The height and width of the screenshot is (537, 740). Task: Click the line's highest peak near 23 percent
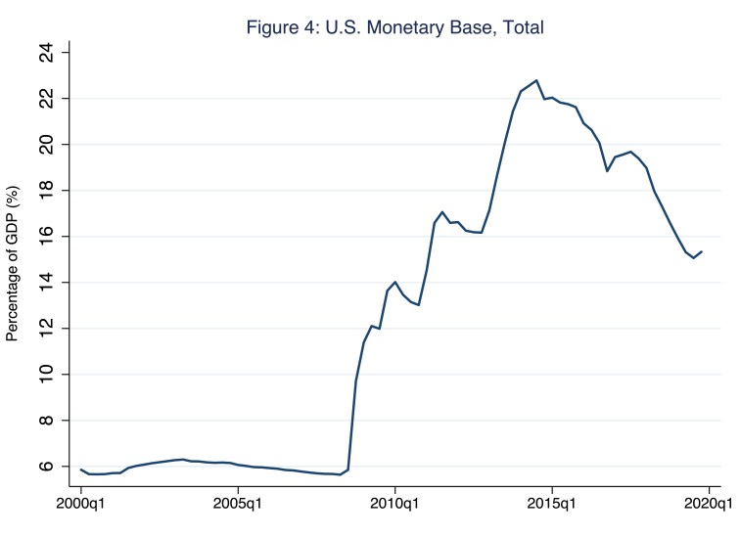click(x=536, y=80)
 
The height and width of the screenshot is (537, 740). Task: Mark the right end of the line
click(x=702, y=251)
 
